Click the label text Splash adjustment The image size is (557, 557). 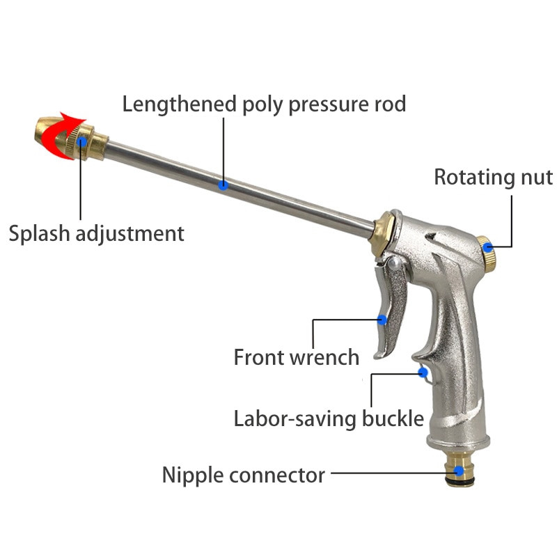(x=96, y=233)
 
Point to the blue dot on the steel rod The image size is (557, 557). (x=223, y=185)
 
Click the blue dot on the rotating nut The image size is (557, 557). (x=489, y=246)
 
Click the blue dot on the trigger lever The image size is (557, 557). (x=382, y=320)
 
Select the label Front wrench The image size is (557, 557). (x=296, y=357)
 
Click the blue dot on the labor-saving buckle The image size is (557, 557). (x=423, y=372)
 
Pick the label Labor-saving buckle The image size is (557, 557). (x=329, y=418)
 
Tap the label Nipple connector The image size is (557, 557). (x=244, y=476)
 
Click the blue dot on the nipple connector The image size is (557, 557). (x=459, y=472)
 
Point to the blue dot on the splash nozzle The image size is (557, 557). (x=82, y=142)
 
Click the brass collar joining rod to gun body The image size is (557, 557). (x=382, y=234)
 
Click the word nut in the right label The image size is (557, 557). (x=537, y=177)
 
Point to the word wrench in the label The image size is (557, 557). (x=324, y=357)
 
